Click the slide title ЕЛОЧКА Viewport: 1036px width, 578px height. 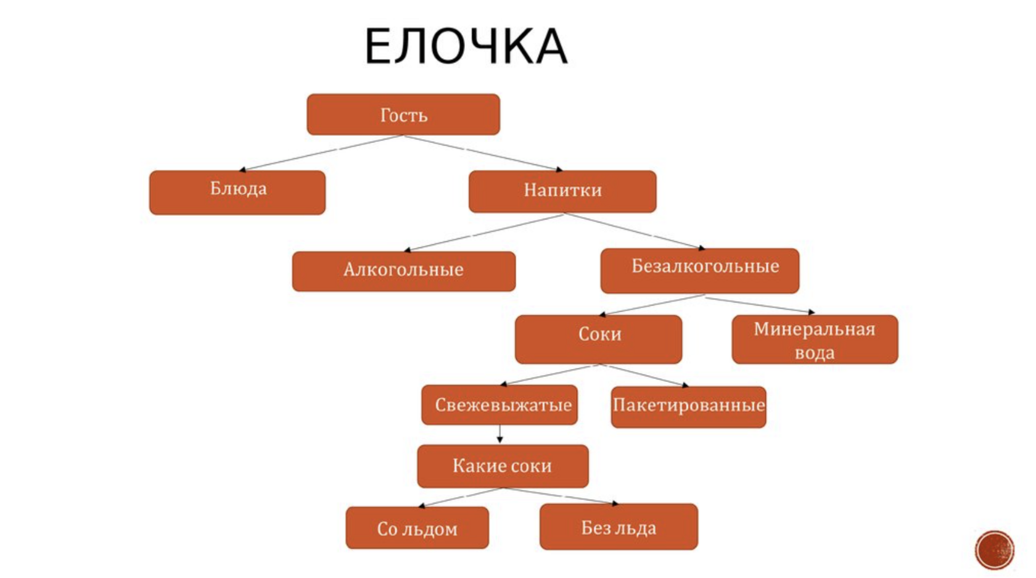pyautogui.click(x=466, y=46)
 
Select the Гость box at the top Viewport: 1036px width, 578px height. pyautogui.click(x=403, y=115)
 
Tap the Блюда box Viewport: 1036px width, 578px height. pyautogui.click(x=237, y=192)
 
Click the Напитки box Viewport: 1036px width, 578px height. pyautogui.click(x=562, y=191)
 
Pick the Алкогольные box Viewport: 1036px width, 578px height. pyautogui.click(x=403, y=271)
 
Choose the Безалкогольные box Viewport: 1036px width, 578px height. pyautogui.click(x=699, y=270)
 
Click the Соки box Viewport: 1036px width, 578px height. pyautogui.click(x=598, y=339)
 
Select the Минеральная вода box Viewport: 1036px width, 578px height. pyautogui.click(x=815, y=339)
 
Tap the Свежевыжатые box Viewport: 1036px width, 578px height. pyautogui.click(x=499, y=405)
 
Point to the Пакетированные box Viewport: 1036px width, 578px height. pyautogui.click(x=688, y=407)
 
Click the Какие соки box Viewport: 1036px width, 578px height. pyautogui.click(x=503, y=466)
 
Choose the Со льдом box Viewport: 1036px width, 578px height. pyautogui.click(x=417, y=528)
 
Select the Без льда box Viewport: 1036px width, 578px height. pyautogui.click(x=619, y=527)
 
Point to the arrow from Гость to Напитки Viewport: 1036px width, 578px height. pyautogui.click(x=483, y=152)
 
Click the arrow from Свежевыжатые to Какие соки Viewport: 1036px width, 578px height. pyautogui.click(x=500, y=434)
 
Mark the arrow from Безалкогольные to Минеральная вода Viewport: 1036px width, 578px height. pyautogui.click(x=760, y=305)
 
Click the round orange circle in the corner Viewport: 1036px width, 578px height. pyautogui.click(x=994, y=550)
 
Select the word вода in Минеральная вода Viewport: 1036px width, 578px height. pyautogui.click(x=814, y=353)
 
